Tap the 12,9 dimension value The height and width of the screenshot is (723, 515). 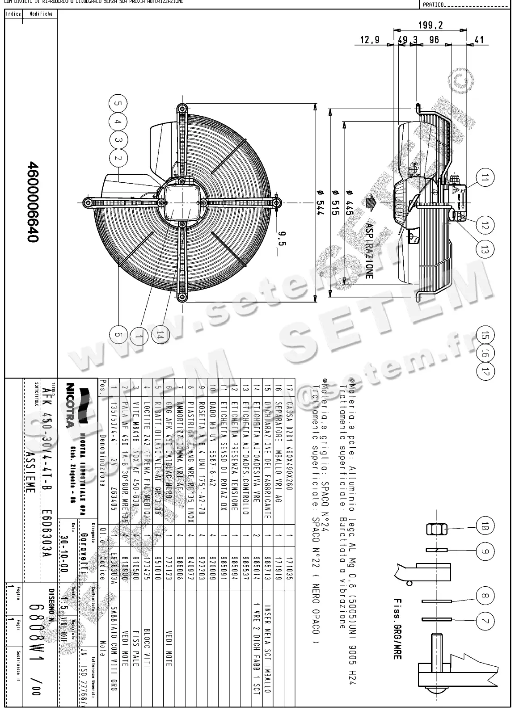[x=370, y=40]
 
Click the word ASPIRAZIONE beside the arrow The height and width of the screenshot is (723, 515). [x=369, y=251]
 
